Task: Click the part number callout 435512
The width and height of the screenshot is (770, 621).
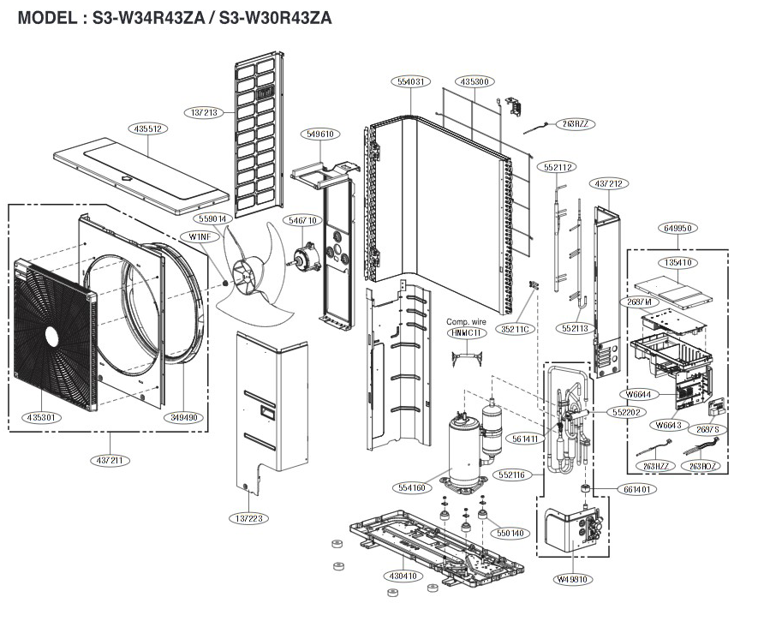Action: click(x=148, y=128)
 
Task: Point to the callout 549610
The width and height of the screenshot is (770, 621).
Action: click(x=319, y=134)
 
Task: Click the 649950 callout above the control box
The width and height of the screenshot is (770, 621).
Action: click(x=677, y=229)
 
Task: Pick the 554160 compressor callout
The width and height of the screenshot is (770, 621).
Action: click(x=410, y=487)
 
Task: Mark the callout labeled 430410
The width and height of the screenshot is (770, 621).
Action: click(x=400, y=576)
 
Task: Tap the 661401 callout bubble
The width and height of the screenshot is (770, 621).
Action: click(x=633, y=490)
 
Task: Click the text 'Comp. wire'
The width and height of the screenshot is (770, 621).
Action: click(x=466, y=322)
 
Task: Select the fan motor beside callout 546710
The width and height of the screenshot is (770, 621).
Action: click(x=306, y=254)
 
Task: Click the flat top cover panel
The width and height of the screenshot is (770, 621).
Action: click(x=141, y=176)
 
